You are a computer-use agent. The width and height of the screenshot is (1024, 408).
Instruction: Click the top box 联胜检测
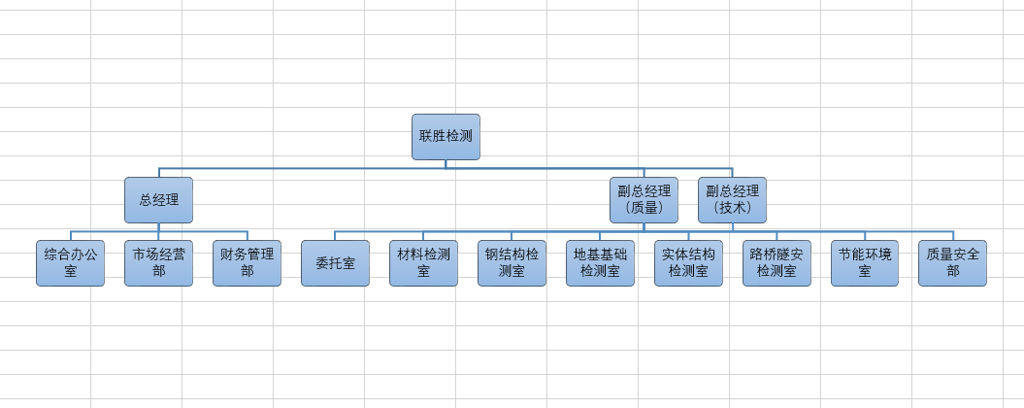tap(446, 137)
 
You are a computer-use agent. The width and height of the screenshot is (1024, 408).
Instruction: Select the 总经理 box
tap(158, 200)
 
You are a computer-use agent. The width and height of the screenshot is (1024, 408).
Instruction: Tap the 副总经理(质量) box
tap(644, 200)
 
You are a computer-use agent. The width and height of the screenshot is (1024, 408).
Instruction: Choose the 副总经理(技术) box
tap(732, 200)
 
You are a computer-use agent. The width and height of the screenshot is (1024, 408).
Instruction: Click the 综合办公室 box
tap(70, 263)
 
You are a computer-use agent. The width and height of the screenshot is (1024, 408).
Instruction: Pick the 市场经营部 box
tap(158, 263)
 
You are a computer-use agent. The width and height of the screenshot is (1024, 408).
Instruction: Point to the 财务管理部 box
tap(247, 263)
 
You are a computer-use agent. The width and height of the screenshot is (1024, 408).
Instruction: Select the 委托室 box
tap(335, 263)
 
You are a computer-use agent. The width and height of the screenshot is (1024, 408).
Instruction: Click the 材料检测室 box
tap(423, 263)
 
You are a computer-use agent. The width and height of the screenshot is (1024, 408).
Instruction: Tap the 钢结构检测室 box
tap(512, 263)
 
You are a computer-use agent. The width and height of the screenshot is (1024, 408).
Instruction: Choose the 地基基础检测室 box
tap(600, 263)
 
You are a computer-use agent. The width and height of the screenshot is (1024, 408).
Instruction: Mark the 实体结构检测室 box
tap(688, 263)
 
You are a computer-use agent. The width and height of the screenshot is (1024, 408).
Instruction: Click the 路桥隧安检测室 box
tap(776, 263)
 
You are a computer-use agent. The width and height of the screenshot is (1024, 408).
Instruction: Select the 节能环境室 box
tap(865, 263)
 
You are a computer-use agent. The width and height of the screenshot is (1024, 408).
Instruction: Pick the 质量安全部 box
tap(952, 263)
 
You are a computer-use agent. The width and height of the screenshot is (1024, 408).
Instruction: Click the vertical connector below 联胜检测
tap(446, 164)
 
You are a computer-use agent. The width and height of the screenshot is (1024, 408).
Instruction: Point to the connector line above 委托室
tap(335, 236)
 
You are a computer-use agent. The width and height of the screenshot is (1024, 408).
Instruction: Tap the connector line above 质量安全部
tap(952, 236)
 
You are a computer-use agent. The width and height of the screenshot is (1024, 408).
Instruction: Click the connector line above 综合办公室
tap(70, 236)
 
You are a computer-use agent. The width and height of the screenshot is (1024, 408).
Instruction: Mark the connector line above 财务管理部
tap(247, 236)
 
